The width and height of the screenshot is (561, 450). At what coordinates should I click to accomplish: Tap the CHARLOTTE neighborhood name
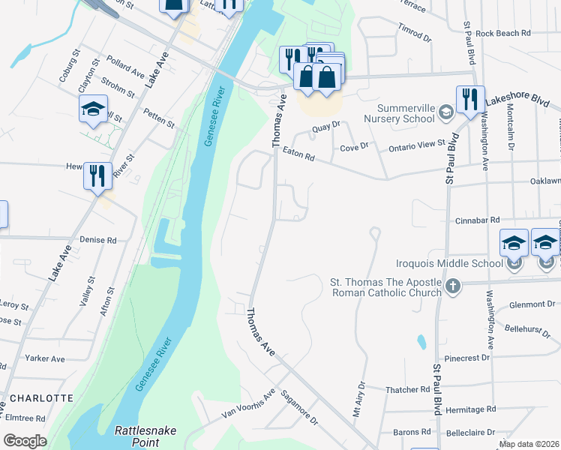tap(41, 398)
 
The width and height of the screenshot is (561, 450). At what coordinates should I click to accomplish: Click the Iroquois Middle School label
tap(450, 263)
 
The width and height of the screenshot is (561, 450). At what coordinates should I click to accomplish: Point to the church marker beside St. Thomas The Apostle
tap(452, 286)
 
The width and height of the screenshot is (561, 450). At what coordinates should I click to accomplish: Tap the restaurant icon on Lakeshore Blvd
tap(469, 100)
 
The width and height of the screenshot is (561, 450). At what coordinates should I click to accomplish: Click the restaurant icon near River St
tap(97, 176)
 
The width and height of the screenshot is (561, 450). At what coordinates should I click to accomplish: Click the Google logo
tap(25, 441)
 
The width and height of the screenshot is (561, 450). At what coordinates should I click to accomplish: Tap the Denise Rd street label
tap(100, 241)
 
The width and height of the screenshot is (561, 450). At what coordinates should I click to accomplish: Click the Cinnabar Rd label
tap(477, 220)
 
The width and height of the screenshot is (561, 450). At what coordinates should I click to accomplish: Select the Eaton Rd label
tap(298, 154)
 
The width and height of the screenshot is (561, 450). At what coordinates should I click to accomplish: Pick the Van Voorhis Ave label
tap(248, 405)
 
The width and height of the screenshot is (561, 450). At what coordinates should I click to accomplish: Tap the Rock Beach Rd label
tap(502, 33)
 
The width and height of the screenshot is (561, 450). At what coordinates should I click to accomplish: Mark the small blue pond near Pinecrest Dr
tap(421, 342)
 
